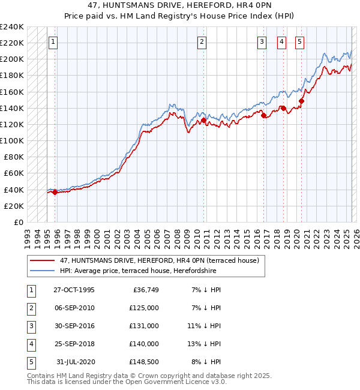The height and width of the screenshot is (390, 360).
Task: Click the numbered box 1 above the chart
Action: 53,42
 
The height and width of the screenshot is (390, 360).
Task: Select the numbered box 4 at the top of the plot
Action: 281,42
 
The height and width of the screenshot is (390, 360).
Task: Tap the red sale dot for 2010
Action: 203,120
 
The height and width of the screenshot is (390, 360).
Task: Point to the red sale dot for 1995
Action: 55,192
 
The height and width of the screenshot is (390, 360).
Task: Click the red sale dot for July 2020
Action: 301,101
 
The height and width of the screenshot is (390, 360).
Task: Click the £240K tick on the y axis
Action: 12,27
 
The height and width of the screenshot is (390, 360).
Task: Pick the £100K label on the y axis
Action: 12,140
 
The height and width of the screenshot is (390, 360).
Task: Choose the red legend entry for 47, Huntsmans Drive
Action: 159,261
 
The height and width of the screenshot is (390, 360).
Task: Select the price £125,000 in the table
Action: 144,308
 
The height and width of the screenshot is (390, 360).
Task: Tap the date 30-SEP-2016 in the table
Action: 74,326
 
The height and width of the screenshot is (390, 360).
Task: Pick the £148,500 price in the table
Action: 144,362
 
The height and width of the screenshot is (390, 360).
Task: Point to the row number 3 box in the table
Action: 31,326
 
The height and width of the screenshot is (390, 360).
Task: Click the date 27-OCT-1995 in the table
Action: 74,290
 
